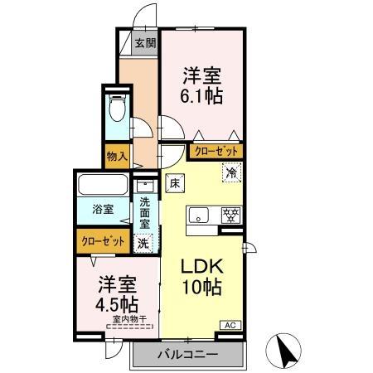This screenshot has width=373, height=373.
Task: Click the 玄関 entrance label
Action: pos(144,43)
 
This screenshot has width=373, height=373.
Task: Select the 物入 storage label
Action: pos(117,154)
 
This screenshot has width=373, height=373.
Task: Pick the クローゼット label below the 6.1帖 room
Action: pos(216,152)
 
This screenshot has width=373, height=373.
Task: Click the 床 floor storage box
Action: pos(175,183)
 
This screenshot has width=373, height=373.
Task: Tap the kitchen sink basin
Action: pos(200,216)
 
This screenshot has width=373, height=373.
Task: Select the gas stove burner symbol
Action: pos(230,214)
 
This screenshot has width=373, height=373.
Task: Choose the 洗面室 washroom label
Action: pos(144,212)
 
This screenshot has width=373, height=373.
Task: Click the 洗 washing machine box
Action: pos(144,244)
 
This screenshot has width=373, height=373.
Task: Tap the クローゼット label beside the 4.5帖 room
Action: pos(104,241)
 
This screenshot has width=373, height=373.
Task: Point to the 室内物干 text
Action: pos(129,318)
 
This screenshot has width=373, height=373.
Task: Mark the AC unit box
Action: pos(230,325)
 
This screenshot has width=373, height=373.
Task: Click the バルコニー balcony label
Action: pos(188,355)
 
